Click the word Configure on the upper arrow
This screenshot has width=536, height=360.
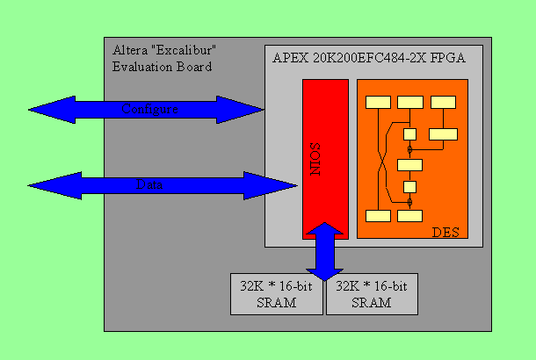click(x=150, y=110)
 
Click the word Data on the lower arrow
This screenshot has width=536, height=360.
click(x=149, y=185)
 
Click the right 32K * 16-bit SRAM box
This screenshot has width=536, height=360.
click(x=371, y=294)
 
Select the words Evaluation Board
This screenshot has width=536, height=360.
click(x=162, y=67)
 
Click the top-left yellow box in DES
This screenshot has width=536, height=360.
click(x=378, y=102)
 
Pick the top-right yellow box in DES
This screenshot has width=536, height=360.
click(x=444, y=102)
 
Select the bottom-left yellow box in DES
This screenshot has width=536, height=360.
click(x=378, y=216)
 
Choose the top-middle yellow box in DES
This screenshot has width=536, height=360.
click(x=410, y=102)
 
